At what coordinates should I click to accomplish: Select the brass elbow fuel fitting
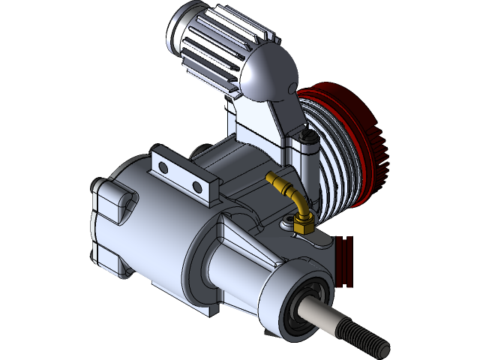pyautogui.click(x=289, y=192)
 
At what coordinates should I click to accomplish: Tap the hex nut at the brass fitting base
pyautogui.click(x=304, y=223)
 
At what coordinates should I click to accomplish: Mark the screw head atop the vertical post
pyautogui.click(x=306, y=136)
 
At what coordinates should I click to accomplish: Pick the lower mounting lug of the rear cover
pyautogui.click(x=112, y=259)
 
